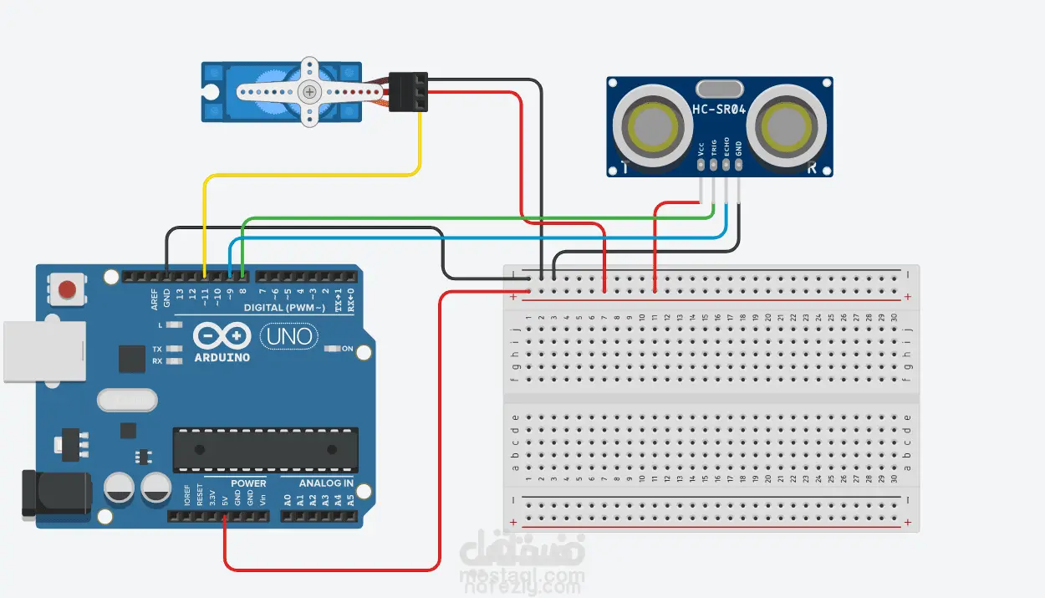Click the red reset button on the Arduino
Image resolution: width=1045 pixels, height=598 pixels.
tap(67, 290)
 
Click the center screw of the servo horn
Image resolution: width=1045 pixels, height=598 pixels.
tap(310, 91)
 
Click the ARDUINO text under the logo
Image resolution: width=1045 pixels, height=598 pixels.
tap(221, 358)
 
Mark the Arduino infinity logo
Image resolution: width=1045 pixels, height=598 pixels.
tap(221, 336)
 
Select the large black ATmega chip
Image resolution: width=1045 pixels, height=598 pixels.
tap(265, 449)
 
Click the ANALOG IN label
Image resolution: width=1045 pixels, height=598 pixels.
tap(325, 483)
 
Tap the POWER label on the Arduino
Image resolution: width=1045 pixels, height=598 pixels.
tap(248, 483)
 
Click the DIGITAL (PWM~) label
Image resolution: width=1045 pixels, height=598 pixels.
tap(284, 308)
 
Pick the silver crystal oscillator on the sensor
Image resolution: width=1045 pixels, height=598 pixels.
tap(719, 89)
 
